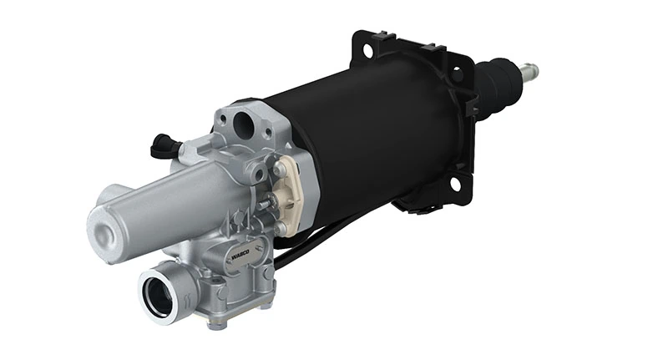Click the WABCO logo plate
point(235,258)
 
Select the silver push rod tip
point(530,70)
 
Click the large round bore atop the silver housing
point(244,126)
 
